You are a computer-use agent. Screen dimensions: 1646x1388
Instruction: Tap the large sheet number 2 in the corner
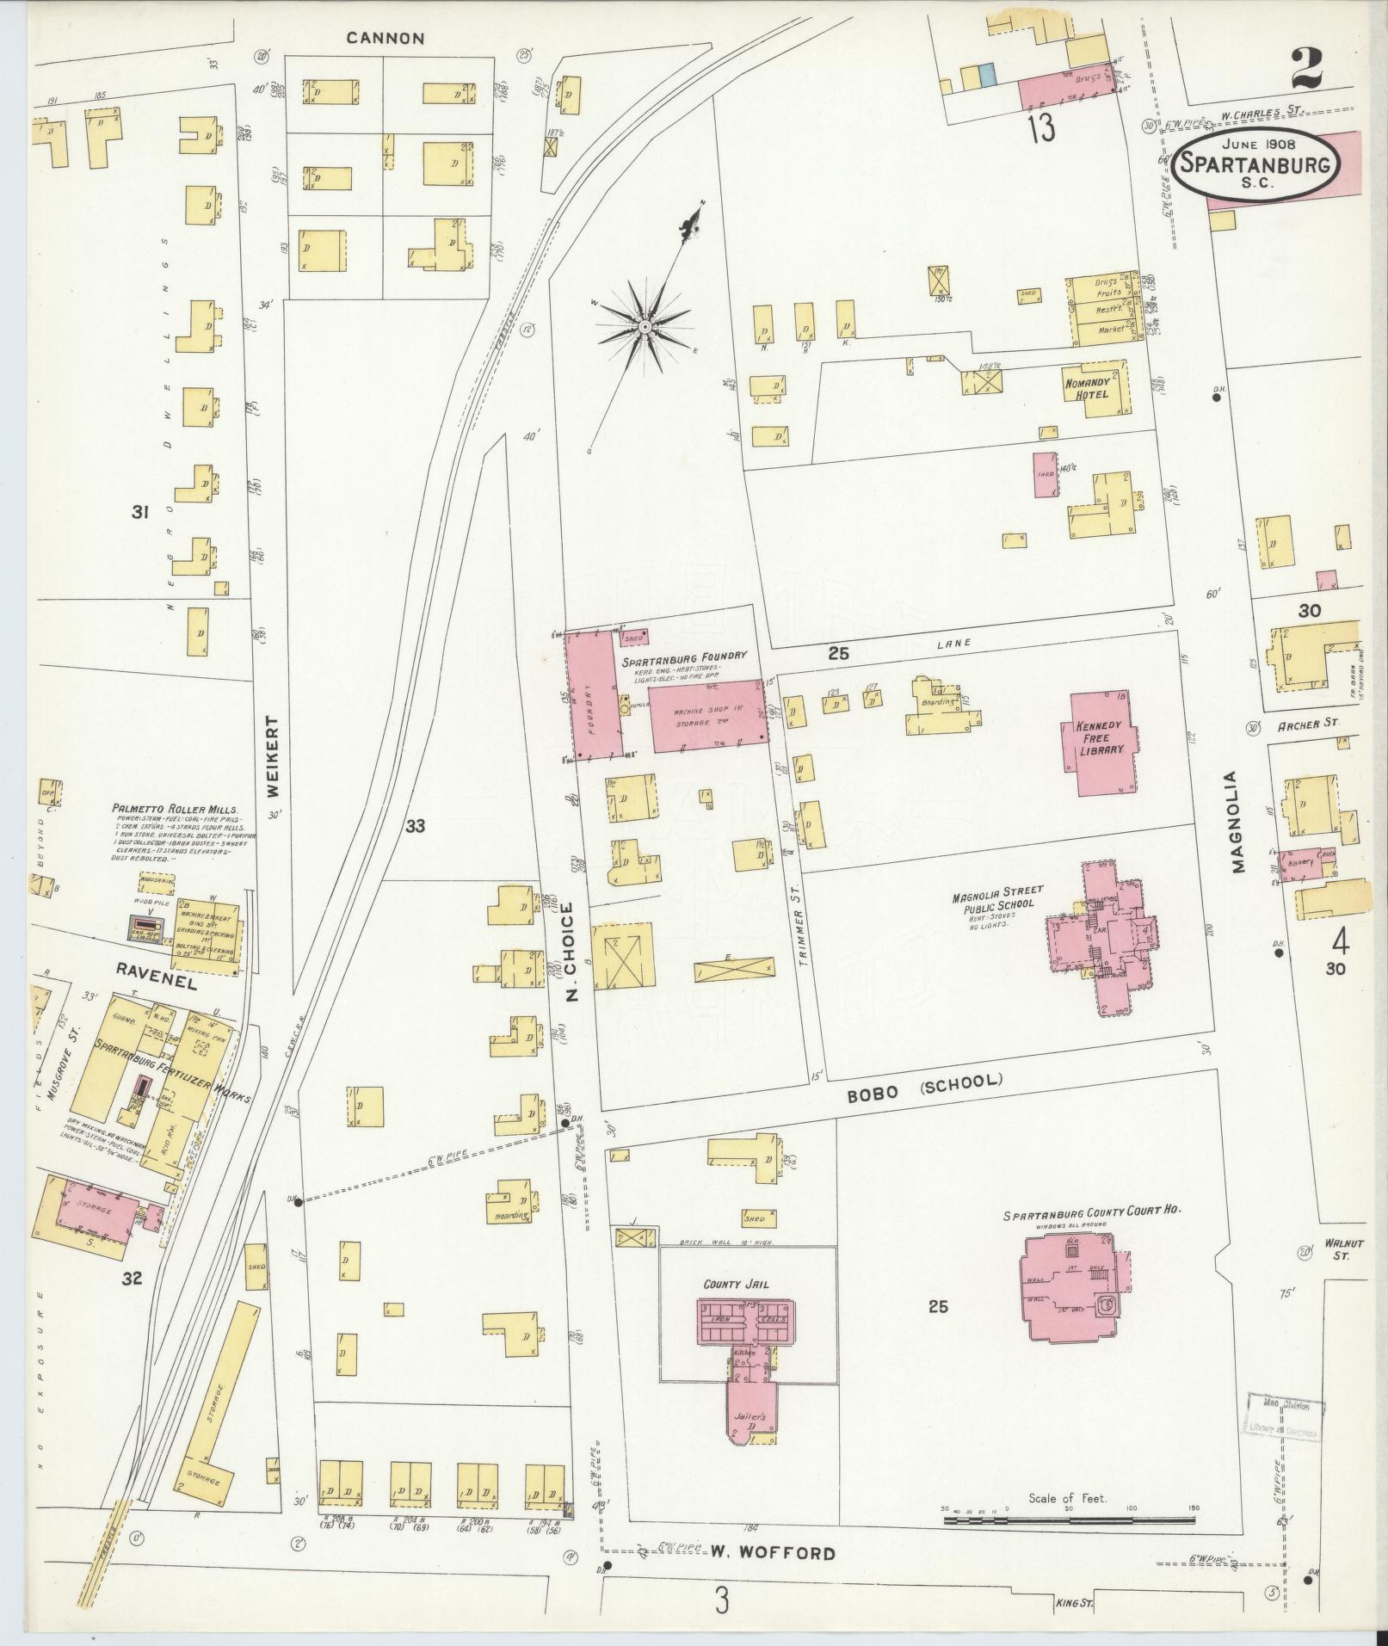point(1306,69)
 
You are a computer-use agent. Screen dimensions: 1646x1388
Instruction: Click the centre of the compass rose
point(645,327)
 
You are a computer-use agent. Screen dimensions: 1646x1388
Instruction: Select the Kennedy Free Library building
point(1102,743)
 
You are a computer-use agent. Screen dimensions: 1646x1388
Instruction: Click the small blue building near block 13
point(988,76)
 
